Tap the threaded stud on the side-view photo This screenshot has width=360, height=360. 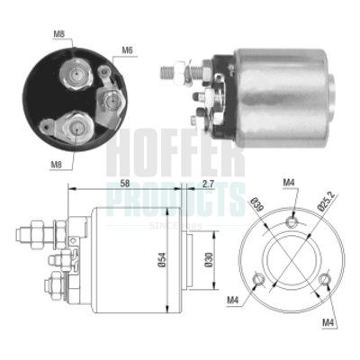tap(171, 68)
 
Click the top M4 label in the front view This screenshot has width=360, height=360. tap(289, 185)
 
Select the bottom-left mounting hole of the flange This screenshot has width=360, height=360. tap(260, 278)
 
